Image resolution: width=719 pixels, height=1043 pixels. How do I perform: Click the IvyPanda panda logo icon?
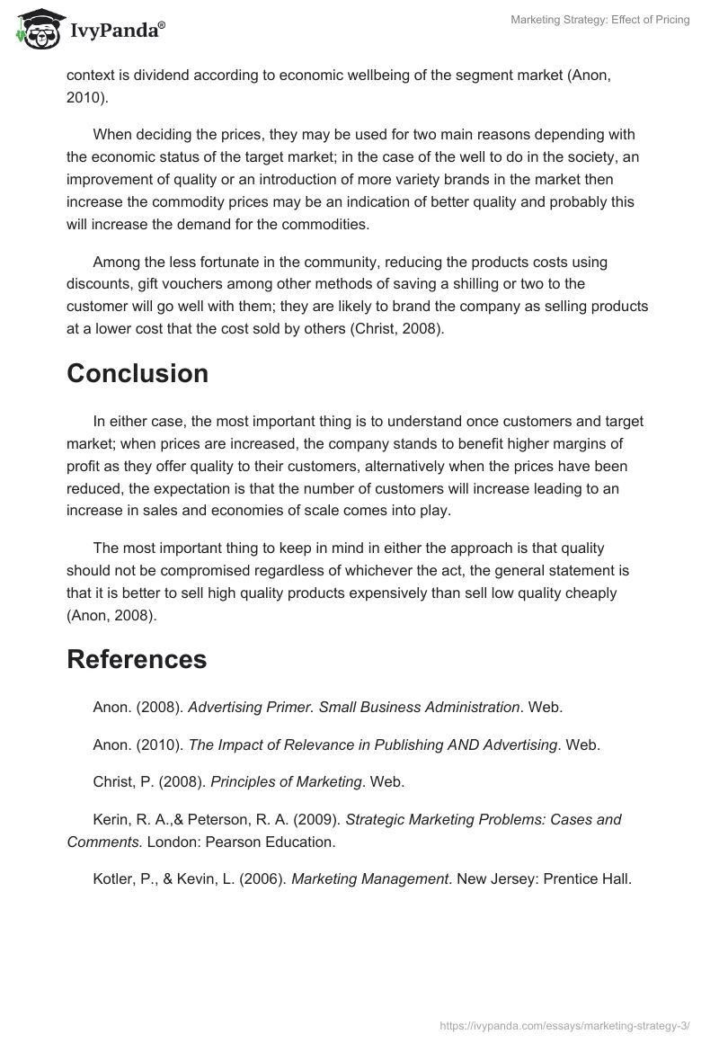37,29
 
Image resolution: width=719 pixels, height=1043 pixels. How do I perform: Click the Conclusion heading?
138,374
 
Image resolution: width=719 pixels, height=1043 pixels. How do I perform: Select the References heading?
137,659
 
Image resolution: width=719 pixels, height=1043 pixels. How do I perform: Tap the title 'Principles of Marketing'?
286,782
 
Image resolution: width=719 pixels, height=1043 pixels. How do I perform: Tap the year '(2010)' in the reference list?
158,744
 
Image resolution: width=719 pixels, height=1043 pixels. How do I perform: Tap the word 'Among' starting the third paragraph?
115,262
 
